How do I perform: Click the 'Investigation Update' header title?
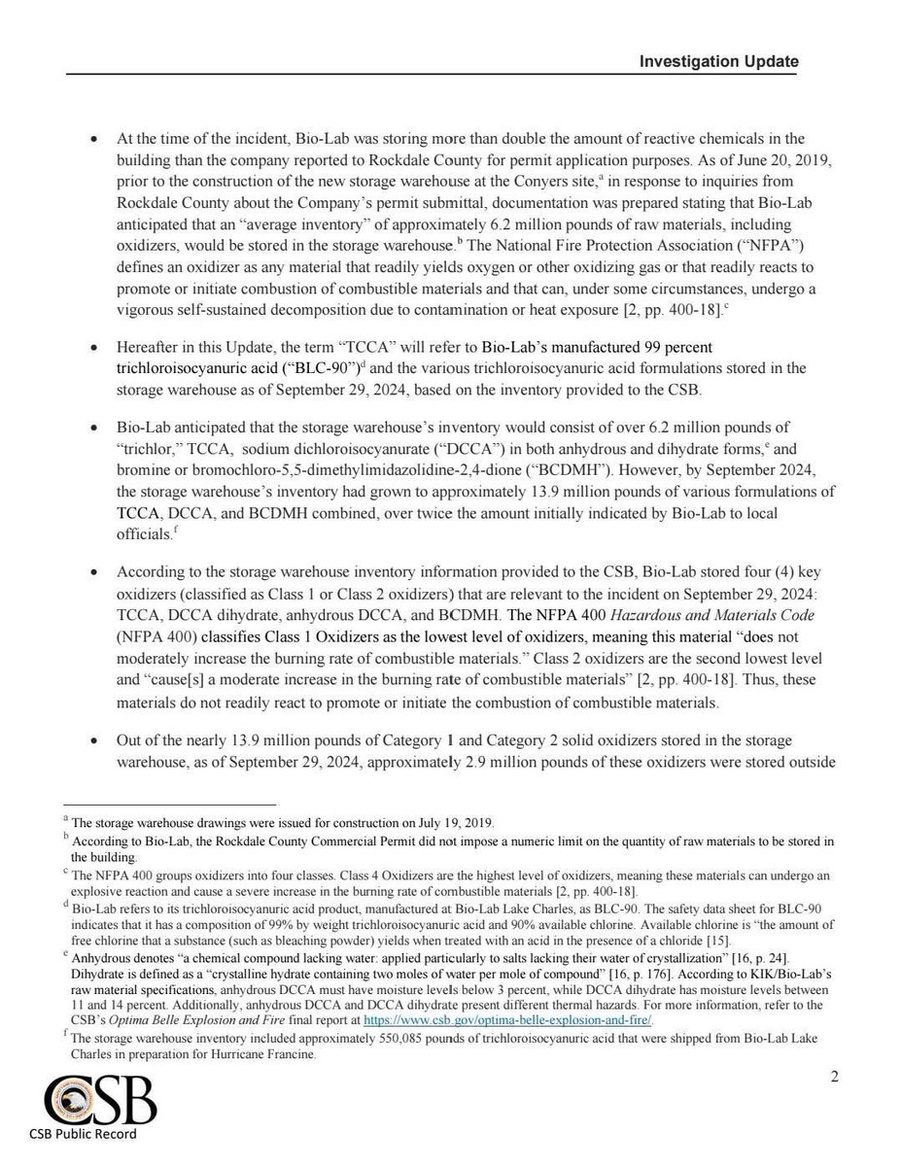(x=718, y=61)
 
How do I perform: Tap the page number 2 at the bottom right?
(x=834, y=1077)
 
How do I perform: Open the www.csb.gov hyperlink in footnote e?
(x=506, y=1020)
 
